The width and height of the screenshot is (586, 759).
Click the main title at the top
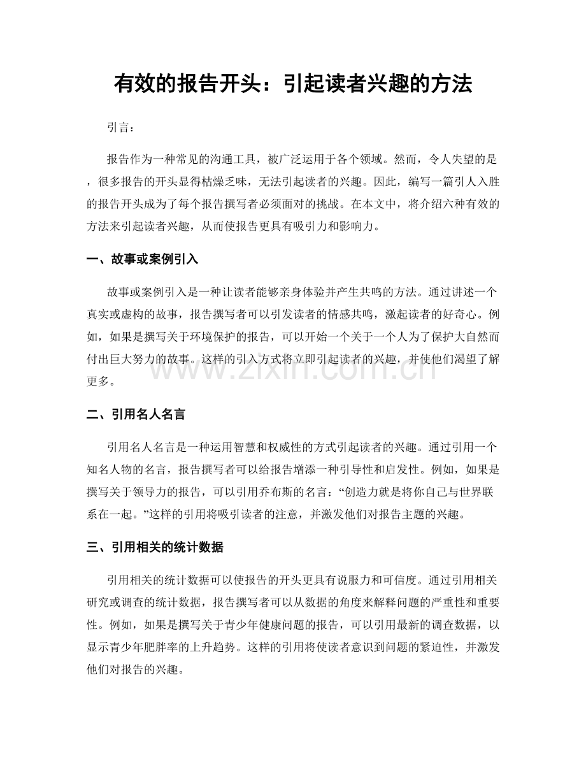point(292,83)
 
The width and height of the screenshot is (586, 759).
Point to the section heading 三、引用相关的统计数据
point(154,547)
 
